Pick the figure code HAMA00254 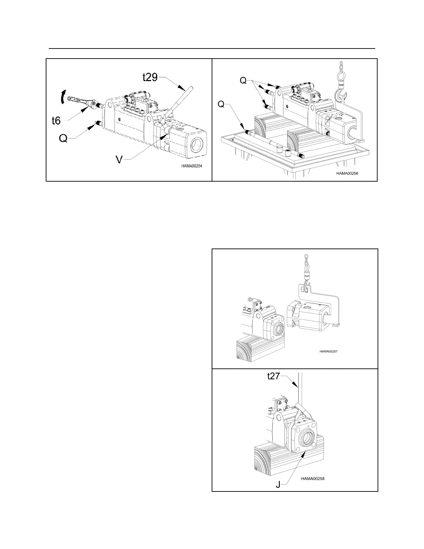192,166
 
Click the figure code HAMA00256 347,174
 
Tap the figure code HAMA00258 313,479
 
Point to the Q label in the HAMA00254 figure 63,138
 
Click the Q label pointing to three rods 244,80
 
